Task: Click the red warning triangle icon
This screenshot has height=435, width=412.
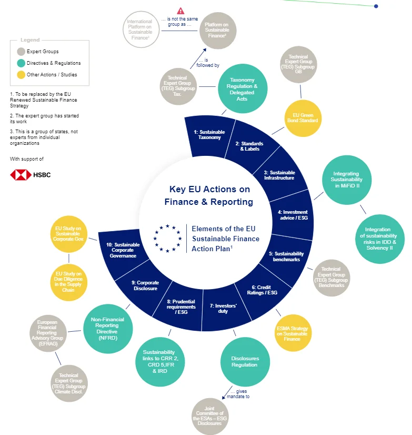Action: pyautogui.click(x=180, y=11)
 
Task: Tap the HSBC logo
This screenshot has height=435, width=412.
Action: pyautogui.click(x=31, y=175)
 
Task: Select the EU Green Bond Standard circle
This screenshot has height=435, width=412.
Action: pyautogui.click(x=303, y=117)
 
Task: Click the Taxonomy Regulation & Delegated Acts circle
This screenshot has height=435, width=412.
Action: pyautogui.click(x=242, y=90)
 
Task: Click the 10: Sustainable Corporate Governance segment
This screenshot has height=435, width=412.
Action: pyautogui.click(x=123, y=250)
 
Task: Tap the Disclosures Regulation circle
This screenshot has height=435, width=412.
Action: pyautogui.click(x=245, y=361)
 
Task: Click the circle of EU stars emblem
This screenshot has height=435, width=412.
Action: pyautogui.click(x=168, y=238)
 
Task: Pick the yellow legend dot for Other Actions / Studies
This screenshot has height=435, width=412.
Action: pyautogui.click(x=21, y=75)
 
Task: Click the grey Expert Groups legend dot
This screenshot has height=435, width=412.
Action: pyautogui.click(x=21, y=52)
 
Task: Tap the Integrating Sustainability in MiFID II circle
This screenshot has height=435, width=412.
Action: pyautogui.click(x=346, y=180)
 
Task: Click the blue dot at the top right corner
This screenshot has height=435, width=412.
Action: pyautogui.click(x=376, y=6)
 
